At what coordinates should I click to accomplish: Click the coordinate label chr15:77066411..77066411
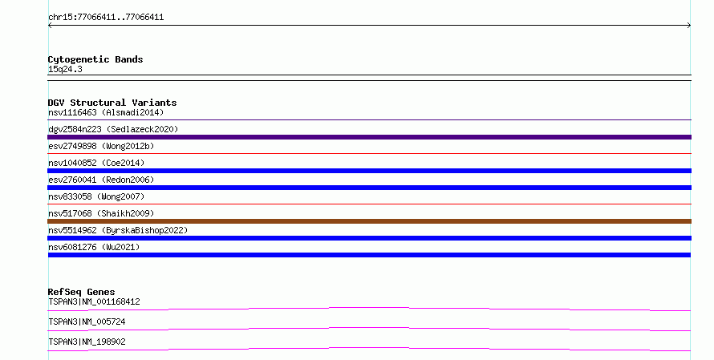[106, 18]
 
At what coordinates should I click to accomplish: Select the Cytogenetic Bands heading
[95, 59]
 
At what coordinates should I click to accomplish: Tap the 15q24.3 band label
[65, 69]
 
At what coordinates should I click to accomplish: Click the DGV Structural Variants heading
[112, 103]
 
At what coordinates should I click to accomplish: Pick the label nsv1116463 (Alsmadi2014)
[106, 112]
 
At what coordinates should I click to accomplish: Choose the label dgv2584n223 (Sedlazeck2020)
[113, 129]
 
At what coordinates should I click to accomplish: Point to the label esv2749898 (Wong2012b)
[101, 146]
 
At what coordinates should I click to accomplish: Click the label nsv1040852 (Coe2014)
[96, 163]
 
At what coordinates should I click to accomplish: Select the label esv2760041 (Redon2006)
[101, 180]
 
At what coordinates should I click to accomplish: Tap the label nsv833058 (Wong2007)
[96, 196]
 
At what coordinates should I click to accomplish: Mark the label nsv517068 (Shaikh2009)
[101, 213]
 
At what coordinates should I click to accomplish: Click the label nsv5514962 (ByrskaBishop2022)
[118, 230]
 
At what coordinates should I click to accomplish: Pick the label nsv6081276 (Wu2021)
[94, 247]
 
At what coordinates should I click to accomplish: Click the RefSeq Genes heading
[81, 292]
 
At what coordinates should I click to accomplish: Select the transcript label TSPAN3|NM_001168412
[94, 301]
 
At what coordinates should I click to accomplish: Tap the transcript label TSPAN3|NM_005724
[87, 322]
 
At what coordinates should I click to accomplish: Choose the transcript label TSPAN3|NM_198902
[87, 342]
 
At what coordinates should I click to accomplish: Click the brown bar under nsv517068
[369, 221]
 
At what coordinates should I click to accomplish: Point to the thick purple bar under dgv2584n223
[369, 137]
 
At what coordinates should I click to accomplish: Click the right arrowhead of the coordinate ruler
[689, 26]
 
